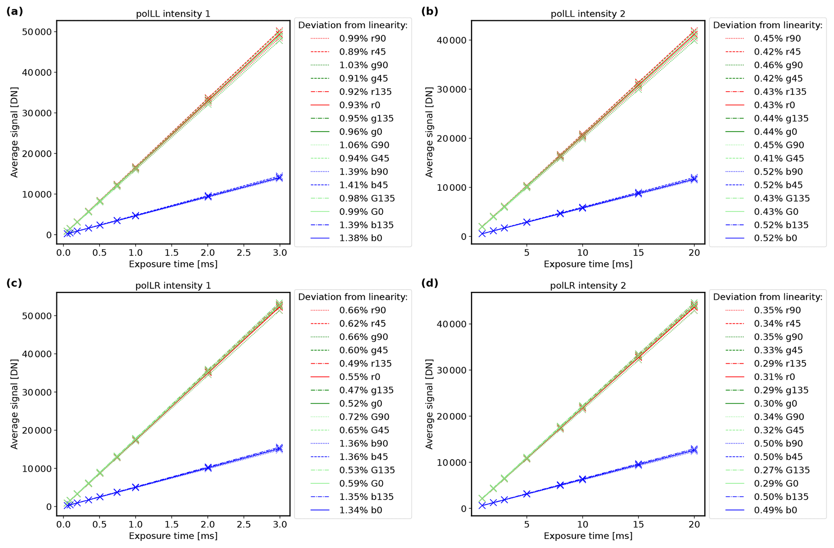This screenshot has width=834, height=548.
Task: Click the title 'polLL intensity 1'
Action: (x=173, y=14)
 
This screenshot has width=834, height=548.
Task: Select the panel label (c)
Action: (x=14, y=283)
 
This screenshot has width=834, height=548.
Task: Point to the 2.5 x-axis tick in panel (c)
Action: (x=244, y=524)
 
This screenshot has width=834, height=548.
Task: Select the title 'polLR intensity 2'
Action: (x=587, y=285)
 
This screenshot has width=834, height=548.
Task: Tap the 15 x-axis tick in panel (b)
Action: (x=638, y=252)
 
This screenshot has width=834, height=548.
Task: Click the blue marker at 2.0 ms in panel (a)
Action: (x=208, y=196)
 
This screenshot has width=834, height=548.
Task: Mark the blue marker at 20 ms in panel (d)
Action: (x=694, y=450)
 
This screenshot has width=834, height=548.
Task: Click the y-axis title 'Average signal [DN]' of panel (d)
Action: (x=429, y=404)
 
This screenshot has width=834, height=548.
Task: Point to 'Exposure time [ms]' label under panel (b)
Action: (x=587, y=264)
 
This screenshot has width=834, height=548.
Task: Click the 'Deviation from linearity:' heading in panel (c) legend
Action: (x=353, y=297)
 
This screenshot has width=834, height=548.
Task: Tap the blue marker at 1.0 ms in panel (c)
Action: (x=136, y=487)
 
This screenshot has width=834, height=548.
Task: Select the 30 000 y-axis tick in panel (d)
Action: (x=450, y=370)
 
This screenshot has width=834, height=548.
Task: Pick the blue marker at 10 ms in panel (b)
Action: (x=582, y=208)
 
